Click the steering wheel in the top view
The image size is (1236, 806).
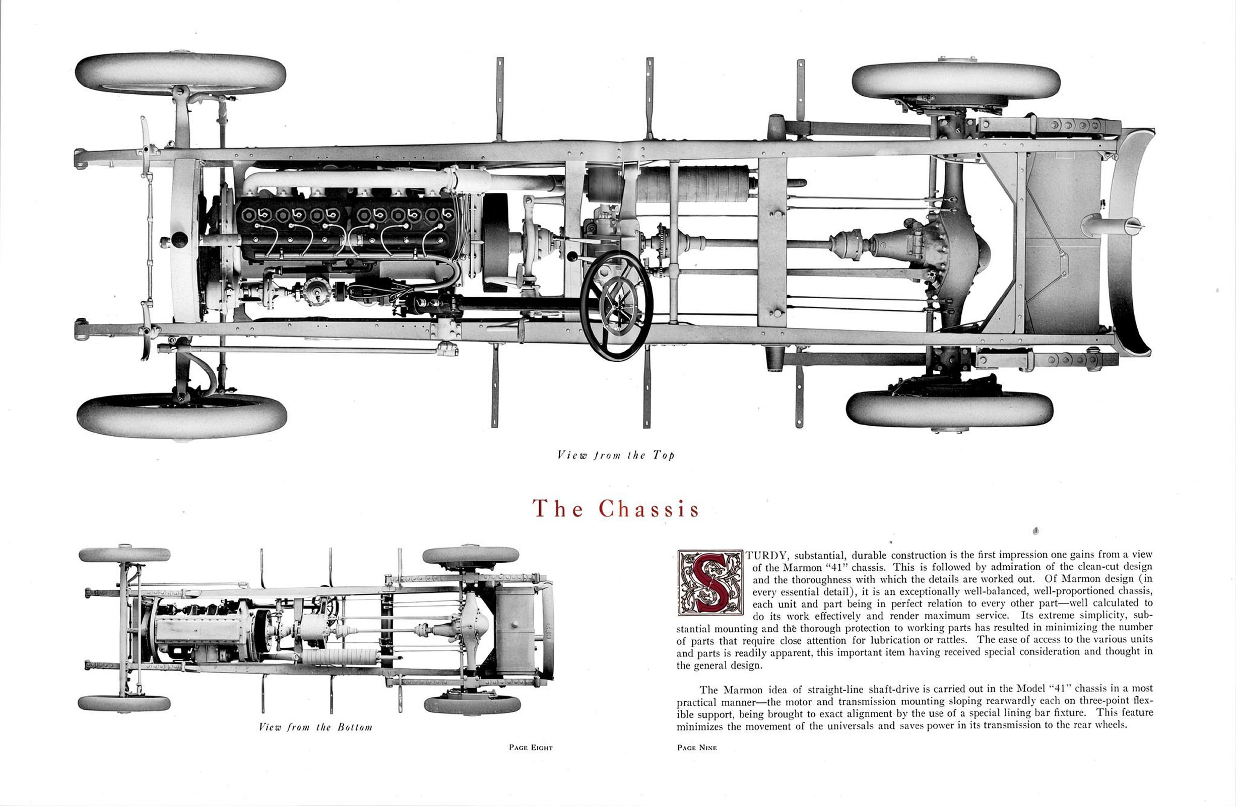click(x=616, y=305)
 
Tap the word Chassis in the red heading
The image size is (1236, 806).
click(x=648, y=508)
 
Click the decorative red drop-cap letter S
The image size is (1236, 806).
click(x=710, y=582)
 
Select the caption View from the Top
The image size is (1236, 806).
click(x=615, y=455)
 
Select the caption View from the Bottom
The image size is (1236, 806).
click(x=315, y=727)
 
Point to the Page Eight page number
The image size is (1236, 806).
click(x=530, y=748)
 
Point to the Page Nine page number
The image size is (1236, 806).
click(x=696, y=748)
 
